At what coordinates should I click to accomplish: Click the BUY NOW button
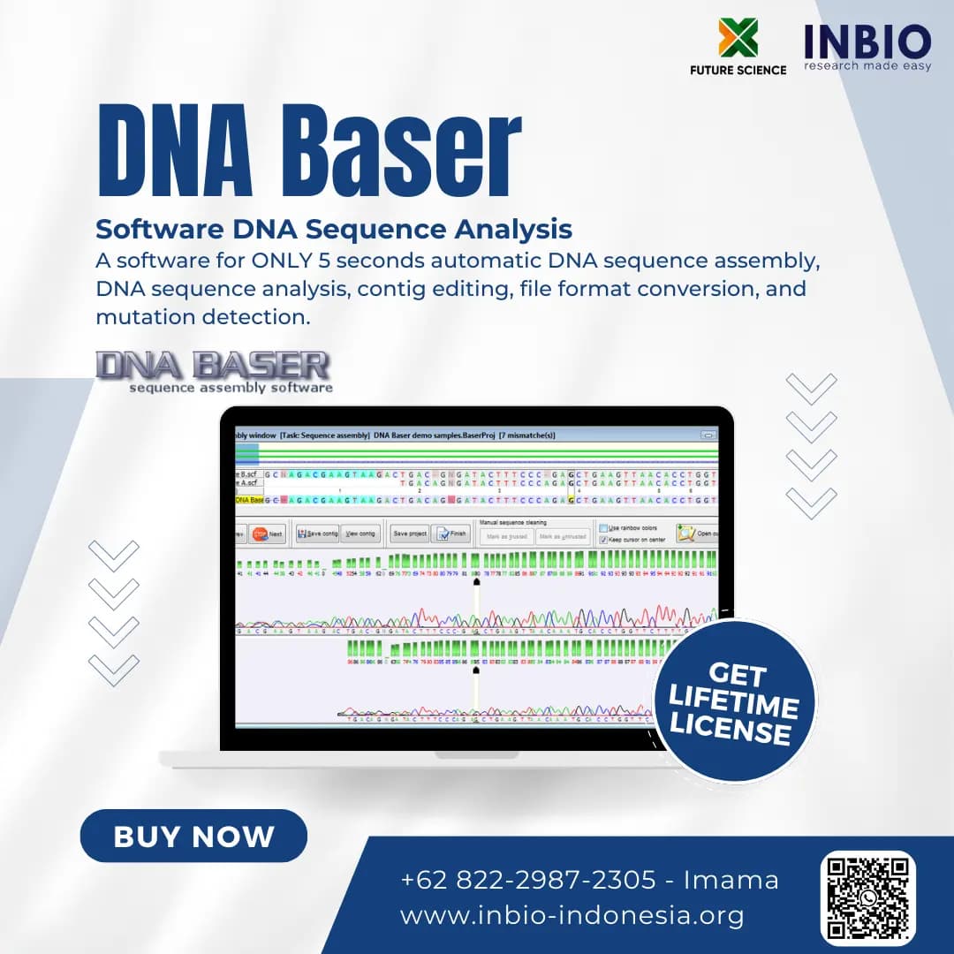click(193, 836)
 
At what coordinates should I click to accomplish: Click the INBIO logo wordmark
click(867, 42)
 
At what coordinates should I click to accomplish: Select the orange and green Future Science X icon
click(738, 37)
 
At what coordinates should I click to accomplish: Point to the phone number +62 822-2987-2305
click(528, 880)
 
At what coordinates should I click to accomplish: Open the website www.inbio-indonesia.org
click(572, 915)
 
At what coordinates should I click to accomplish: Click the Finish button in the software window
click(451, 534)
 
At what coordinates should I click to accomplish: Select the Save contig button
click(317, 534)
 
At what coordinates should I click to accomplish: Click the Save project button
click(410, 534)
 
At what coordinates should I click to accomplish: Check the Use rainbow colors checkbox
click(603, 528)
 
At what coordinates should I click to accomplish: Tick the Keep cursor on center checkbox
click(603, 539)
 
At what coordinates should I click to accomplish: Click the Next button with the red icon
click(267, 534)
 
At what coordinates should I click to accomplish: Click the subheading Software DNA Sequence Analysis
click(334, 230)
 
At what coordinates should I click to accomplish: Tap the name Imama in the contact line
click(731, 880)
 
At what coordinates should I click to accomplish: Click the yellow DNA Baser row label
click(249, 500)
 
